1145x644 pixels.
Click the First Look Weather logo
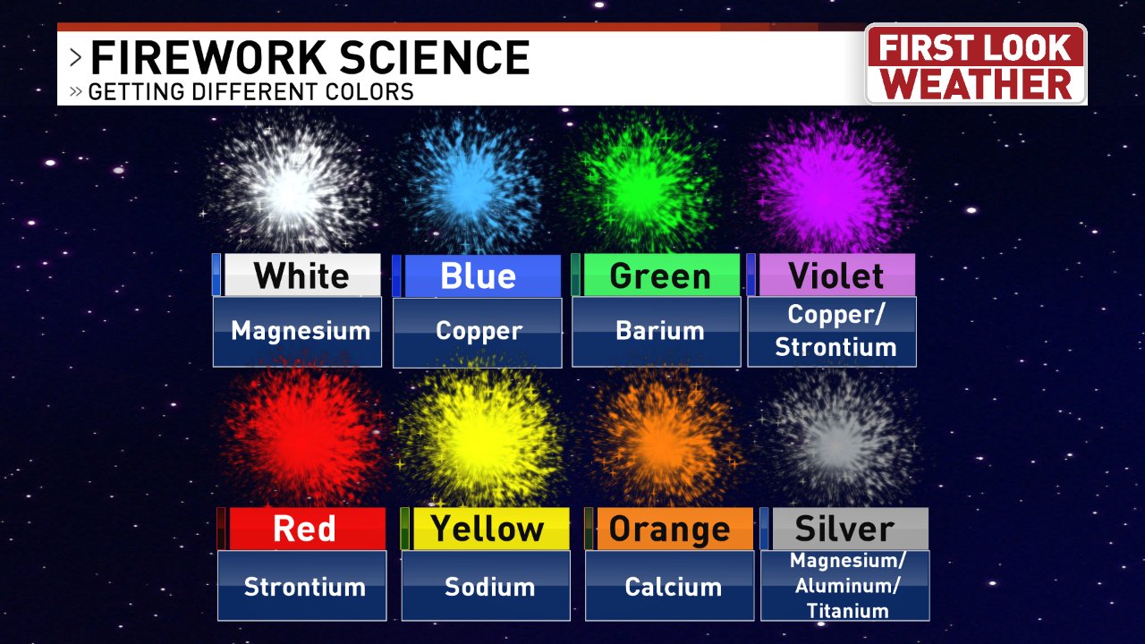pyautogui.click(x=976, y=65)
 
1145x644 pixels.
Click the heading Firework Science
pyautogui.click(x=310, y=59)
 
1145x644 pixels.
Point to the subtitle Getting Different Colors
pyautogui.click(x=250, y=91)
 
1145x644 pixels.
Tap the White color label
pyautogui.click(x=301, y=275)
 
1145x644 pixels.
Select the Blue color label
pyautogui.click(x=478, y=275)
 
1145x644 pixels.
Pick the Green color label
pyautogui.click(x=660, y=275)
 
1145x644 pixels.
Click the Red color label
pyautogui.click(x=305, y=529)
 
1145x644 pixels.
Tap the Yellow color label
pyautogui.click(x=488, y=529)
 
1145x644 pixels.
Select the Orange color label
pyautogui.click(x=670, y=529)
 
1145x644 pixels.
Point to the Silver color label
pyautogui.click(x=844, y=529)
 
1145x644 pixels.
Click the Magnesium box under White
pyautogui.click(x=297, y=332)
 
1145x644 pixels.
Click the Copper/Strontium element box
pyautogui.click(x=832, y=332)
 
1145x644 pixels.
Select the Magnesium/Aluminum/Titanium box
pyautogui.click(x=844, y=586)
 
